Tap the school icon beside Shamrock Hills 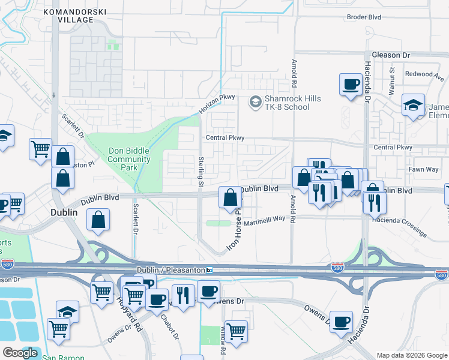(255, 103)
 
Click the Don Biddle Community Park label (129, 160)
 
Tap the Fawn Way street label (424, 169)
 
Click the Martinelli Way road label (264, 219)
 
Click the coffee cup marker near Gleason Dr (350, 84)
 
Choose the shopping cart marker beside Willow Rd (236, 330)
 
